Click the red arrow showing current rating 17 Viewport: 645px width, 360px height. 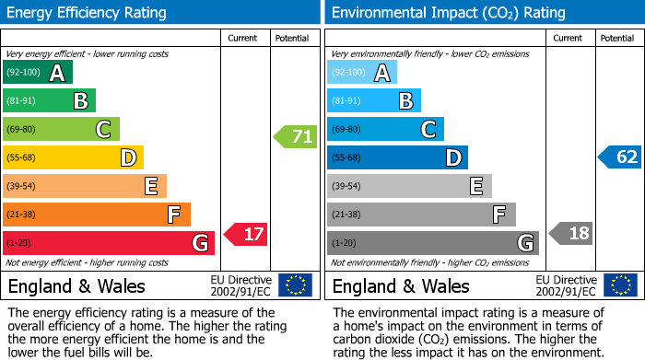[246, 235]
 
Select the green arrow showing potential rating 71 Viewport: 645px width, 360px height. [295, 137]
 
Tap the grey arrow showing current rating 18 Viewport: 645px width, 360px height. [571, 233]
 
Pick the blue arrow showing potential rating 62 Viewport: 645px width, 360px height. [619, 157]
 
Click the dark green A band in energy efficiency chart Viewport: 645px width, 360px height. [38, 73]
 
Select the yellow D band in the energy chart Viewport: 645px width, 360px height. [73, 158]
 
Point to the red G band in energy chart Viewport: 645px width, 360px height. [109, 243]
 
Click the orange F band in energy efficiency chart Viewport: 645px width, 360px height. [97, 215]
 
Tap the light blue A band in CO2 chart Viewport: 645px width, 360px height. [362, 73]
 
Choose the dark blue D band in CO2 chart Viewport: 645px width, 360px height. [397, 158]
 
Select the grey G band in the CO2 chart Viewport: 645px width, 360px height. [432, 243]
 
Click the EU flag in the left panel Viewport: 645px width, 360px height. [295, 285]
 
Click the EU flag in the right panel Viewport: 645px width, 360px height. [620, 285]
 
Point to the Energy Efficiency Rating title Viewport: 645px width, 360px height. [88, 13]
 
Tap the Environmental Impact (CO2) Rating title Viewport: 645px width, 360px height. [448, 13]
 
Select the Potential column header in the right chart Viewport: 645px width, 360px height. [616, 38]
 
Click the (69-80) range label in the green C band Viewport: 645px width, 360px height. [22, 130]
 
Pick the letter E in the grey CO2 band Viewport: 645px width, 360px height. [475, 187]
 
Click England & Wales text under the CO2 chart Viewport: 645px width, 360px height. [401, 285]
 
